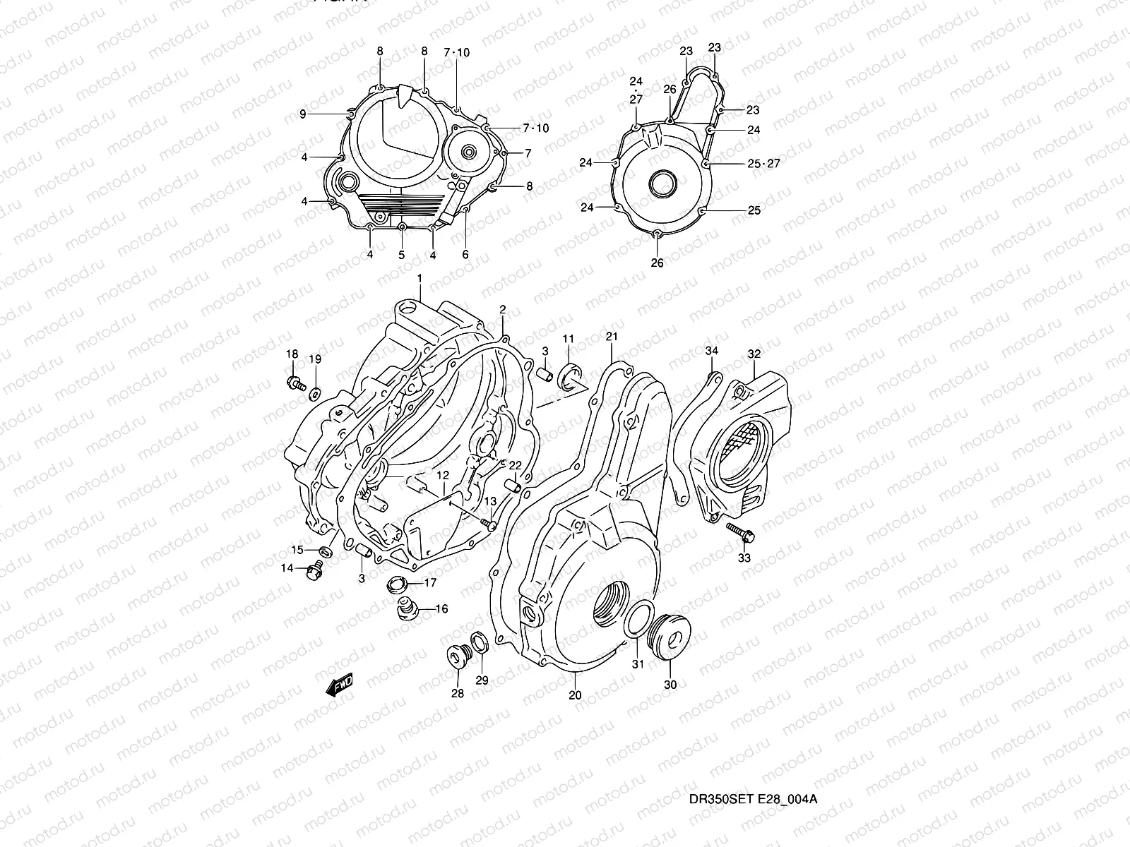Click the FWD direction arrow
pos(340,685)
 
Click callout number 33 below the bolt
pos(744,558)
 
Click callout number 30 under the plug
pos(670,685)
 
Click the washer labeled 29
pos(478,644)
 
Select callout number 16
pos(441,608)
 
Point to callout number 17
pos(430,583)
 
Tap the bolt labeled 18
pos(295,383)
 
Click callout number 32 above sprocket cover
pos(754,354)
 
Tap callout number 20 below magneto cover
pos(575,695)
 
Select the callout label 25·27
pos(763,164)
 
